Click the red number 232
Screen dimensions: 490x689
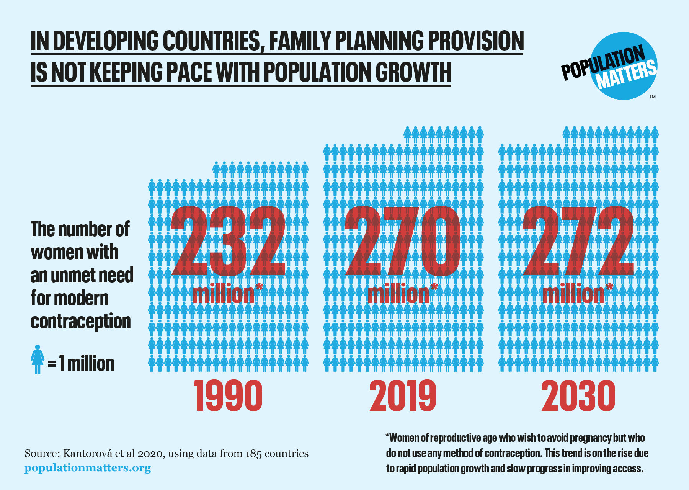click(229, 241)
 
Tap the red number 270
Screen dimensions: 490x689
click(403, 241)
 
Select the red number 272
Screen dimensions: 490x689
click(578, 241)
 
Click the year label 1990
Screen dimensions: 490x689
click(229, 396)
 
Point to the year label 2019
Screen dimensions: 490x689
click(403, 396)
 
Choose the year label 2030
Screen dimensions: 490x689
click(578, 396)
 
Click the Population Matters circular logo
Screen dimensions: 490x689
click(624, 66)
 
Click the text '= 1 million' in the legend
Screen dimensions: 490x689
click(81, 363)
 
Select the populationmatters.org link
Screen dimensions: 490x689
click(88, 468)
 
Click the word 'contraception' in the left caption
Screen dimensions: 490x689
click(81, 321)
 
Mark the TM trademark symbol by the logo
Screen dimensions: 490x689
click(652, 97)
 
